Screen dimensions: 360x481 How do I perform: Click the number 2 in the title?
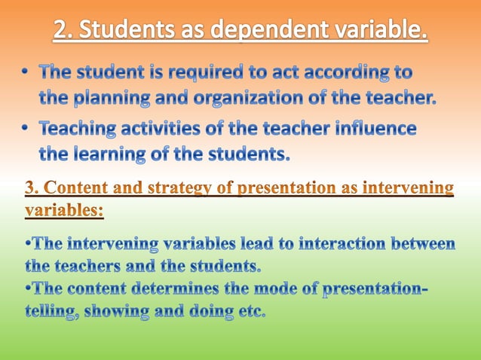click(62, 32)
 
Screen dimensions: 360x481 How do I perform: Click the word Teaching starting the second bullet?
click(78, 130)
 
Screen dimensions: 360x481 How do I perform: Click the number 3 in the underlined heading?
click(30, 188)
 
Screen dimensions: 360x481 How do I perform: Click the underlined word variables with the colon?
click(64, 211)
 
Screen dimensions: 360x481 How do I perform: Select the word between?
click(424, 245)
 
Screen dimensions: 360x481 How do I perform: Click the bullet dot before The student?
click(26, 74)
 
